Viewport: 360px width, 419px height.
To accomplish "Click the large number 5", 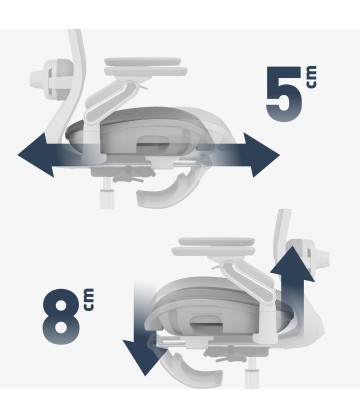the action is tap(283, 94).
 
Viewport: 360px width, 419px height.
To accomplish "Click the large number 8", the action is tap(61, 316).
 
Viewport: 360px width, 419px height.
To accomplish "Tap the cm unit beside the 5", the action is tap(311, 77).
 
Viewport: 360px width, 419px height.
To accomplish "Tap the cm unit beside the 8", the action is tap(89, 300).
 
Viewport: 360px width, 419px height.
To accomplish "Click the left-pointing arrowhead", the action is tap(36, 155).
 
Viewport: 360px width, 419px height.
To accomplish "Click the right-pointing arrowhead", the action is tap(261, 155).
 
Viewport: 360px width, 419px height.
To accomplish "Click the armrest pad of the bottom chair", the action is tap(214, 247).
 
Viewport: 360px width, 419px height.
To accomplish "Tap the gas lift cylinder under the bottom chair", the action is tap(253, 374).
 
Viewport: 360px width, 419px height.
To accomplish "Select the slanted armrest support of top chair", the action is tap(110, 100).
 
